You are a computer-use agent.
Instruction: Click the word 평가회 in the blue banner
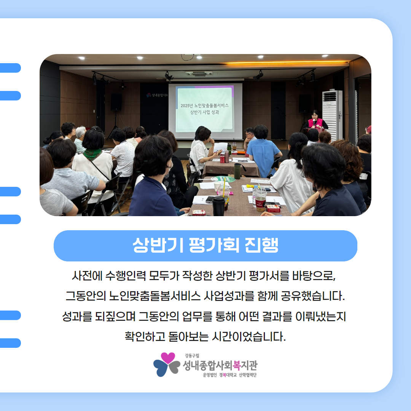[214, 245]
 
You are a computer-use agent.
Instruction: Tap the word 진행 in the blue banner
[261, 245]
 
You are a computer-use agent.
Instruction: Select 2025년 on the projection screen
[186, 106]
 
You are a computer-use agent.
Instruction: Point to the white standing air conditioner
[332, 115]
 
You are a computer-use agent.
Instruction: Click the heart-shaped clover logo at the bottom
[166, 364]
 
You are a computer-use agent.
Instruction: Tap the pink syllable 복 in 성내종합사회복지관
[237, 365]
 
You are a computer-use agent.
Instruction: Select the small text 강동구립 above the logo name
[192, 356]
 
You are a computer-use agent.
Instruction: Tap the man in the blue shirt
[263, 152]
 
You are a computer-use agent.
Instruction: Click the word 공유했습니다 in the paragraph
[312, 296]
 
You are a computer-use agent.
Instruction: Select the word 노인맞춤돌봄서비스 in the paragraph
[155, 296]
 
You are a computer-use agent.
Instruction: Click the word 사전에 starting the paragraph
[87, 276]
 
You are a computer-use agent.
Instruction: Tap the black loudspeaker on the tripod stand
[116, 102]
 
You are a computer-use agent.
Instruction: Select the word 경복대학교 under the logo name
[228, 375]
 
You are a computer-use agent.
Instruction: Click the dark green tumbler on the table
[237, 171]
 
